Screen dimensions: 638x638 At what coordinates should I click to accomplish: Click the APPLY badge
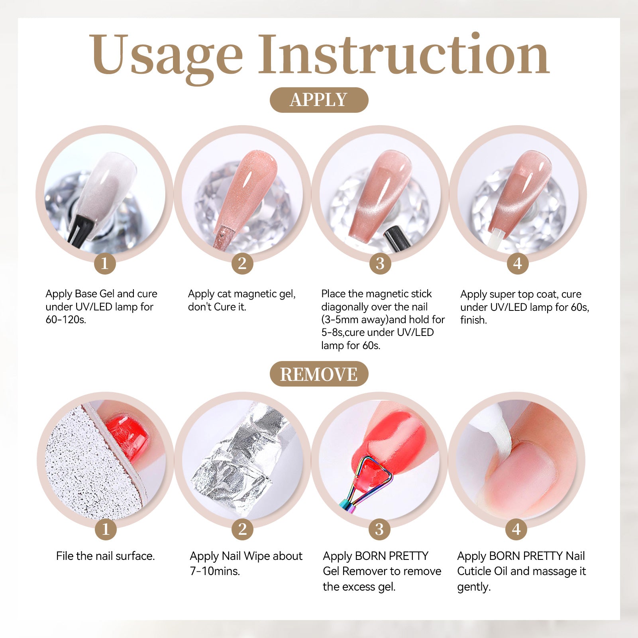(319, 100)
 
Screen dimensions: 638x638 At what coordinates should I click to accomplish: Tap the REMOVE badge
(319, 374)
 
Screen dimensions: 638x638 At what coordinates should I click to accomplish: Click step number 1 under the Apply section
(105, 263)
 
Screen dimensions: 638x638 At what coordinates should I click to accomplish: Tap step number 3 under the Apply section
(380, 263)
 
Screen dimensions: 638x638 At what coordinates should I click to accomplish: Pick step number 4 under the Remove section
(516, 530)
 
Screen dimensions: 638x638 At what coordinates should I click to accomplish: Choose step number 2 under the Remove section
(242, 530)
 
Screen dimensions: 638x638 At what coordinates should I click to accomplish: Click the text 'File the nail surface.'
(105, 556)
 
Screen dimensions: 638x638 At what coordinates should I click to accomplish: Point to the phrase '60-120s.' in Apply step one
(66, 320)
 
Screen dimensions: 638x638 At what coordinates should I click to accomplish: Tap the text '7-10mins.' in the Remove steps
(215, 571)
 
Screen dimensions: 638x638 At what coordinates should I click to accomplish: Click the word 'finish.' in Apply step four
(473, 320)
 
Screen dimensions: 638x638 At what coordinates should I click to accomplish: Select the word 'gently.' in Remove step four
(474, 587)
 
